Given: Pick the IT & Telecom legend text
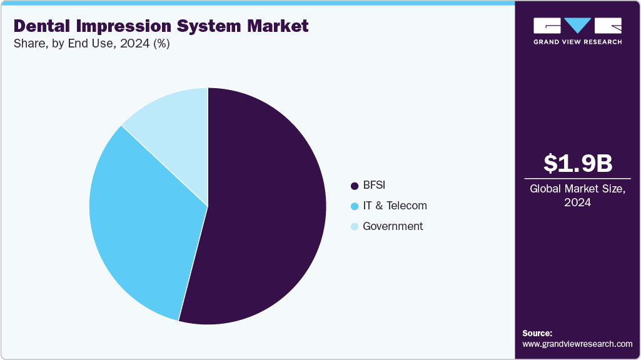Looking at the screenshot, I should click(395, 206).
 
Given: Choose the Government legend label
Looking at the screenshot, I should click(393, 226).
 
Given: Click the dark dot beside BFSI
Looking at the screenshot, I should click(355, 186).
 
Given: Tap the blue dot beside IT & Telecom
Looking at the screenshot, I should click(355, 206).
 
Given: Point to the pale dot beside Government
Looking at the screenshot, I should click(355, 227).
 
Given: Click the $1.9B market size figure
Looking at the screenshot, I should click(577, 163).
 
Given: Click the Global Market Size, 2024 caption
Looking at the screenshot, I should click(577, 196).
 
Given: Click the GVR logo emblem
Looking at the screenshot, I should click(577, 26).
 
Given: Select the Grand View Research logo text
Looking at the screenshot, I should click(577, 42).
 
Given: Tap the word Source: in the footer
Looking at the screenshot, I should click(537, 333).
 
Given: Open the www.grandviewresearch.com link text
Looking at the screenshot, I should click(577, 344).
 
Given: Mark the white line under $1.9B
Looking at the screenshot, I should click(577, 178).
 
